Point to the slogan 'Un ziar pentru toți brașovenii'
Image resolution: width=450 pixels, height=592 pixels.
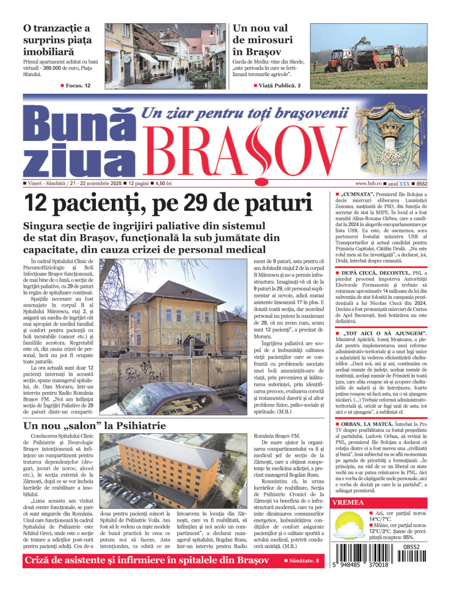point(244,113)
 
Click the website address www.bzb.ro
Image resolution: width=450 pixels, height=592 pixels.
point(368,184)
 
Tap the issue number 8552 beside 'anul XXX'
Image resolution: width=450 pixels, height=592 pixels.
point(422,184)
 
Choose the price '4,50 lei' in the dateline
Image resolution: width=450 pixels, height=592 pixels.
point(164,184)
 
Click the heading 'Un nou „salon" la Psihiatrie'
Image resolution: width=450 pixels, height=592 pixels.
point(94,426)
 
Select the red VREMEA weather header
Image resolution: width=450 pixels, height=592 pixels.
point(348,502)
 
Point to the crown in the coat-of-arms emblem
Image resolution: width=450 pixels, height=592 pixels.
point(394,125)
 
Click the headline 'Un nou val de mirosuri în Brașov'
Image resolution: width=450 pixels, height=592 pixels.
point(263,40)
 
